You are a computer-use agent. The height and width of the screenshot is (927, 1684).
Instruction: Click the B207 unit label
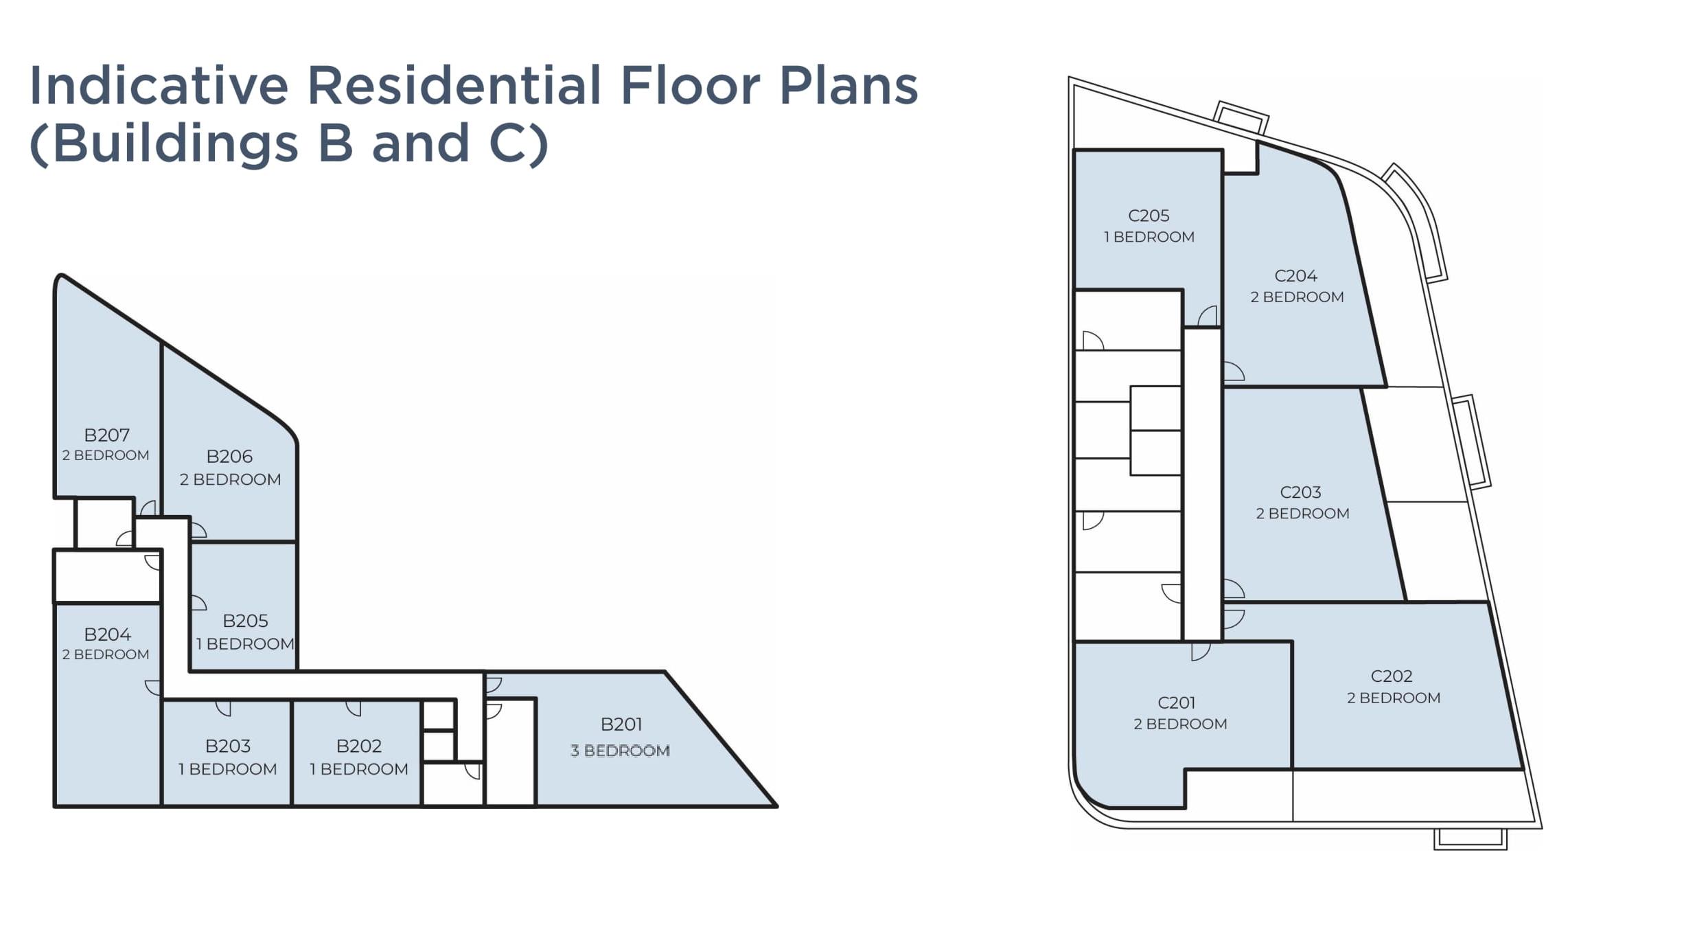(106, 435)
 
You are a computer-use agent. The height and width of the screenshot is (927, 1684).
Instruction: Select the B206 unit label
(229, 457)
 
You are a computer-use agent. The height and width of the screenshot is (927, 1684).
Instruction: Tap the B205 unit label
(245, 621)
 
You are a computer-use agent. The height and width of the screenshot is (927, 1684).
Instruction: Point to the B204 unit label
(107, 634)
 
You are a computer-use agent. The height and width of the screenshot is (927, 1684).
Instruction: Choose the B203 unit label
(228, 746)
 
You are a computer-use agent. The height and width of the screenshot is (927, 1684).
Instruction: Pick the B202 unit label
(358, 746)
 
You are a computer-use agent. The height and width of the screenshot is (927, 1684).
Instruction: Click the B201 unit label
(621, 724)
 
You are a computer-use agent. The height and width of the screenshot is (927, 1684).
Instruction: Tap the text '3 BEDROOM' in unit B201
(620, 751)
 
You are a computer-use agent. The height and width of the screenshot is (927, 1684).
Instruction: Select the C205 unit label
(1149, 216)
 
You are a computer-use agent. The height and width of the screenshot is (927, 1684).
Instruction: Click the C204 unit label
(1295, 276)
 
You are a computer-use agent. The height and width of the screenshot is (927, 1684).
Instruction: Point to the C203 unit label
(1300, 492)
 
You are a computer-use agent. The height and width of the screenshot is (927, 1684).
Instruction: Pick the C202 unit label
(1392, 676)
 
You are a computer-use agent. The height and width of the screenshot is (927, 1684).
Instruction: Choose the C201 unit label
(1177, 703)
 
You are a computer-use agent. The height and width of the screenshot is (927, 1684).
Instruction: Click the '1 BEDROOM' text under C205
(1149, 237)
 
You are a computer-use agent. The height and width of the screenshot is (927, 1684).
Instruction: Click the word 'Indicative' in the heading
(159, 85)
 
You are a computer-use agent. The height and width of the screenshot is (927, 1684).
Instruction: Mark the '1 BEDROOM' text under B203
(228, 769)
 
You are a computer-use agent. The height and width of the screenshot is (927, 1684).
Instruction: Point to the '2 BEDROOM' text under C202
(1394, 698)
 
